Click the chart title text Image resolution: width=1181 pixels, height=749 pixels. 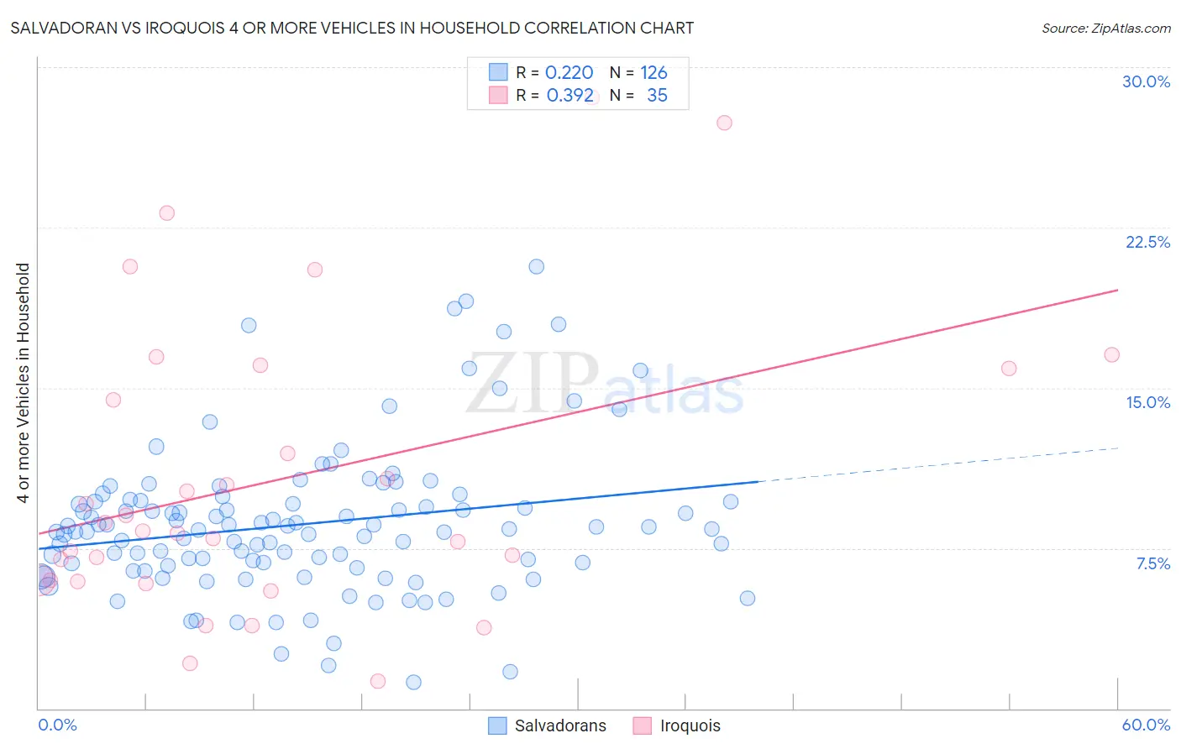pos(352,28)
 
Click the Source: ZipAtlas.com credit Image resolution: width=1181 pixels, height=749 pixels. pos(1105,29)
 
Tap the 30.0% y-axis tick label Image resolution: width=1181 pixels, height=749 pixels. pos(1146,81)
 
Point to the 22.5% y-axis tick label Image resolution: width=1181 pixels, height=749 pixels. pos(1147,242)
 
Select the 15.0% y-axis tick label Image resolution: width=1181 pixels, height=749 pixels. pos(1147,402)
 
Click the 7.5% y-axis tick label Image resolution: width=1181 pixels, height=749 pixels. pos(1152,563)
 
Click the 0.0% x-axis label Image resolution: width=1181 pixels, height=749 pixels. pos(57,725)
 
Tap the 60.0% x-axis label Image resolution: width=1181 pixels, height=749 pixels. pos(1146,725)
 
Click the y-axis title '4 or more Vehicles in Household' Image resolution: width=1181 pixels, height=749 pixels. pos(24,383)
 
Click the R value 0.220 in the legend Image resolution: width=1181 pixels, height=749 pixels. pos(569,73)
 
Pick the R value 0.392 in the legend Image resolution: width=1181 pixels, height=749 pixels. pos(570,96)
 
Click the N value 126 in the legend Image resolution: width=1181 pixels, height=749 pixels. pos(653,73)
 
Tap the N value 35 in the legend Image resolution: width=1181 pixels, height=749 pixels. pos(657,96)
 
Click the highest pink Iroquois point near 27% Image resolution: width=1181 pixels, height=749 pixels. pos(724,123)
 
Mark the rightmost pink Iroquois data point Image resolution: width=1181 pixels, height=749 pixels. pos(1111,354)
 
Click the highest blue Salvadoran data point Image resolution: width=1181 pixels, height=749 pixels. pos(536,266)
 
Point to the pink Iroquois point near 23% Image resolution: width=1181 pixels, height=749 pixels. pos(166,213)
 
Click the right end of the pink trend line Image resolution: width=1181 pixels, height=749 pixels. pos(1118,290)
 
